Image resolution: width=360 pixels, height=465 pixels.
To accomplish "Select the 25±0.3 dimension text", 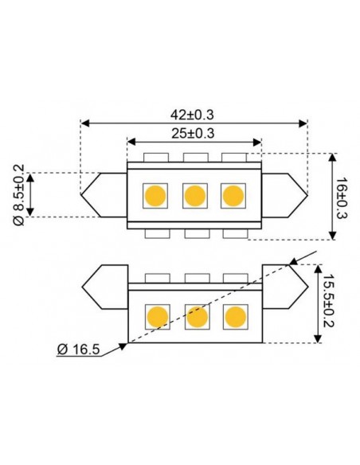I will (x=194, y=133).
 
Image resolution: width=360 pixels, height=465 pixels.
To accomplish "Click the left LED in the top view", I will (x=155, y=195).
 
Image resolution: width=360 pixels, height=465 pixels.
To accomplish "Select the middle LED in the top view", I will (x=194, y=195).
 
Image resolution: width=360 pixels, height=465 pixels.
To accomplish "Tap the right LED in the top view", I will (x=232, y=195).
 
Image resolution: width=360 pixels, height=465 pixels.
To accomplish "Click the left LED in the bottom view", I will (x=158, y=316).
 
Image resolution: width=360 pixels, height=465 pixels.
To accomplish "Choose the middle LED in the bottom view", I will (x=196, y=316).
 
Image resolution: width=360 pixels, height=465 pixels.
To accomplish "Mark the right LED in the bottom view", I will (x=235, y=316).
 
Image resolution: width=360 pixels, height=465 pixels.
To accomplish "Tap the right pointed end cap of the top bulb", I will (x=284, y=195).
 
